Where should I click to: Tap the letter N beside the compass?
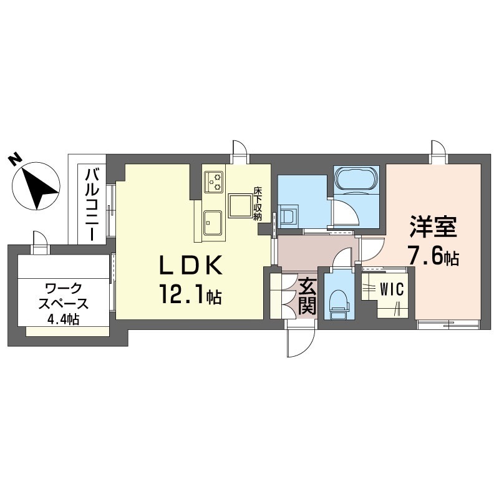pos(14,160)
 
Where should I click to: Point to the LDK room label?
pos(190,265)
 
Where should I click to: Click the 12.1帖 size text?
pos(190,296)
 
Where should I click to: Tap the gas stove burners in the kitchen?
pos(214,182)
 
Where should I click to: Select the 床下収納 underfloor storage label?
pos(257,203)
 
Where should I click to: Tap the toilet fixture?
pos(339,303)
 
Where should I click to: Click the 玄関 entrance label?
pos(307,296)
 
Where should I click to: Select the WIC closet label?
pos(392,289)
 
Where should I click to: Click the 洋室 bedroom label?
pos(433,226)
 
